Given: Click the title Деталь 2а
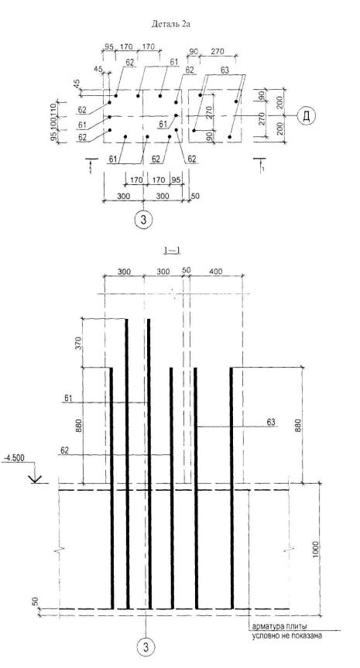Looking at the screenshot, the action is coord(170,24).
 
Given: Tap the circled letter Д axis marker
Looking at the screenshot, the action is coord(306,116).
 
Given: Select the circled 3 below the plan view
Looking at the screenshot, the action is coord(143,220).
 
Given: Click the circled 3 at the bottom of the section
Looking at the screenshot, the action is coord(146,648).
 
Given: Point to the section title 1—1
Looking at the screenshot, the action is coord(172,250).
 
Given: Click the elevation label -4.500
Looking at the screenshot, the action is coord(13,458).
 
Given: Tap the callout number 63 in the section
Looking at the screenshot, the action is coord(271,422).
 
